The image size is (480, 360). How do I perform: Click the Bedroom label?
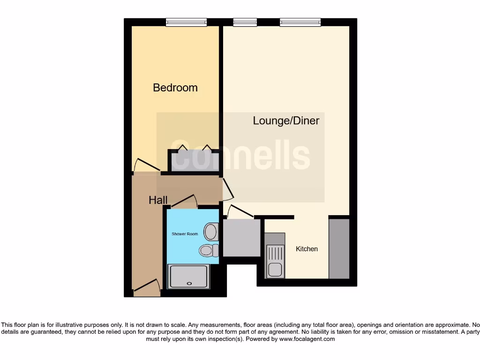[175, 88]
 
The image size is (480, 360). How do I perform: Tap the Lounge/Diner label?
[286, 120]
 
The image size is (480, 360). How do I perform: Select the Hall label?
[158, 200]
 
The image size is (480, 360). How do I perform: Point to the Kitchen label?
[307, 249]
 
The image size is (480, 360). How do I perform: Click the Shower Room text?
[185, 234]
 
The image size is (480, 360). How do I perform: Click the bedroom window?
[186, 22]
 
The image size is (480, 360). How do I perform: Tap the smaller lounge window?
[245, 22]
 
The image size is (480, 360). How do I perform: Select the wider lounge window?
[300, 22]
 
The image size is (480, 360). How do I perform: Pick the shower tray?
[189, 276]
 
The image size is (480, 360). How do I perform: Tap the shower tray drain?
[189, 283]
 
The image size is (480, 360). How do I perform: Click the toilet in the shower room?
[209, 250]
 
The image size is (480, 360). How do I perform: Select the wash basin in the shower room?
[211, 232]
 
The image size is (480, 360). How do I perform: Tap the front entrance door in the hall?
[146, 286]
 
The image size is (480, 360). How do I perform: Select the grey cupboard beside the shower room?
[241, 238]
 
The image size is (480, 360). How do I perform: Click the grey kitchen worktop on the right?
[339, 248]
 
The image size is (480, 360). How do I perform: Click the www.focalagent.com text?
[307, 339]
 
